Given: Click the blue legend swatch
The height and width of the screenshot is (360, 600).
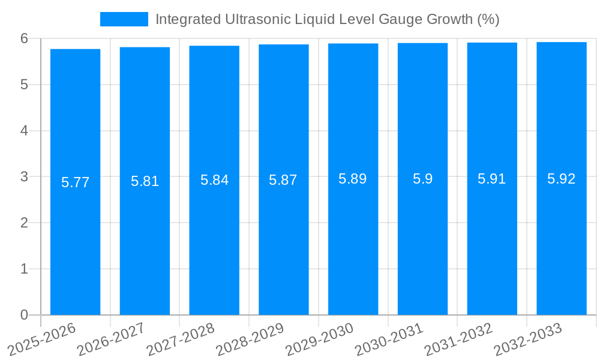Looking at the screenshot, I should tap(124, 19).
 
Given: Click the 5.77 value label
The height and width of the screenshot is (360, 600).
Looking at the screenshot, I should tap(75, 182).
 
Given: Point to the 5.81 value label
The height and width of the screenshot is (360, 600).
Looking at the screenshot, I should tap(145, 181).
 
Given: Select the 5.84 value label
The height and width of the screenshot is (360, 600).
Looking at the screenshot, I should tap(214, 180).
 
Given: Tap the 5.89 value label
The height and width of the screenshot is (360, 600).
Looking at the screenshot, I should tap(353, 179).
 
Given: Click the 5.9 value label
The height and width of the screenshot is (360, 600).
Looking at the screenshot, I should tap(422, 179).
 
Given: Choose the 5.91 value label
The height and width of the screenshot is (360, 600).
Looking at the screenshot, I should tap(491, 179).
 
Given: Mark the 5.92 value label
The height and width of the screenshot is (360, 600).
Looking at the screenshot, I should tap(561, 179).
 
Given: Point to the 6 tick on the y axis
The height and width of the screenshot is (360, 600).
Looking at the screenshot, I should tap(24, 38).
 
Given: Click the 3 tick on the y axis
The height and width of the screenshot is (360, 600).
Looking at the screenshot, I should tap(24, 177).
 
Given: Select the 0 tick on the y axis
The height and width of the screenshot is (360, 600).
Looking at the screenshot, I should tap(24, 315).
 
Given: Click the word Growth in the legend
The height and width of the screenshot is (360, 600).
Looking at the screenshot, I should tap(444, 19).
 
